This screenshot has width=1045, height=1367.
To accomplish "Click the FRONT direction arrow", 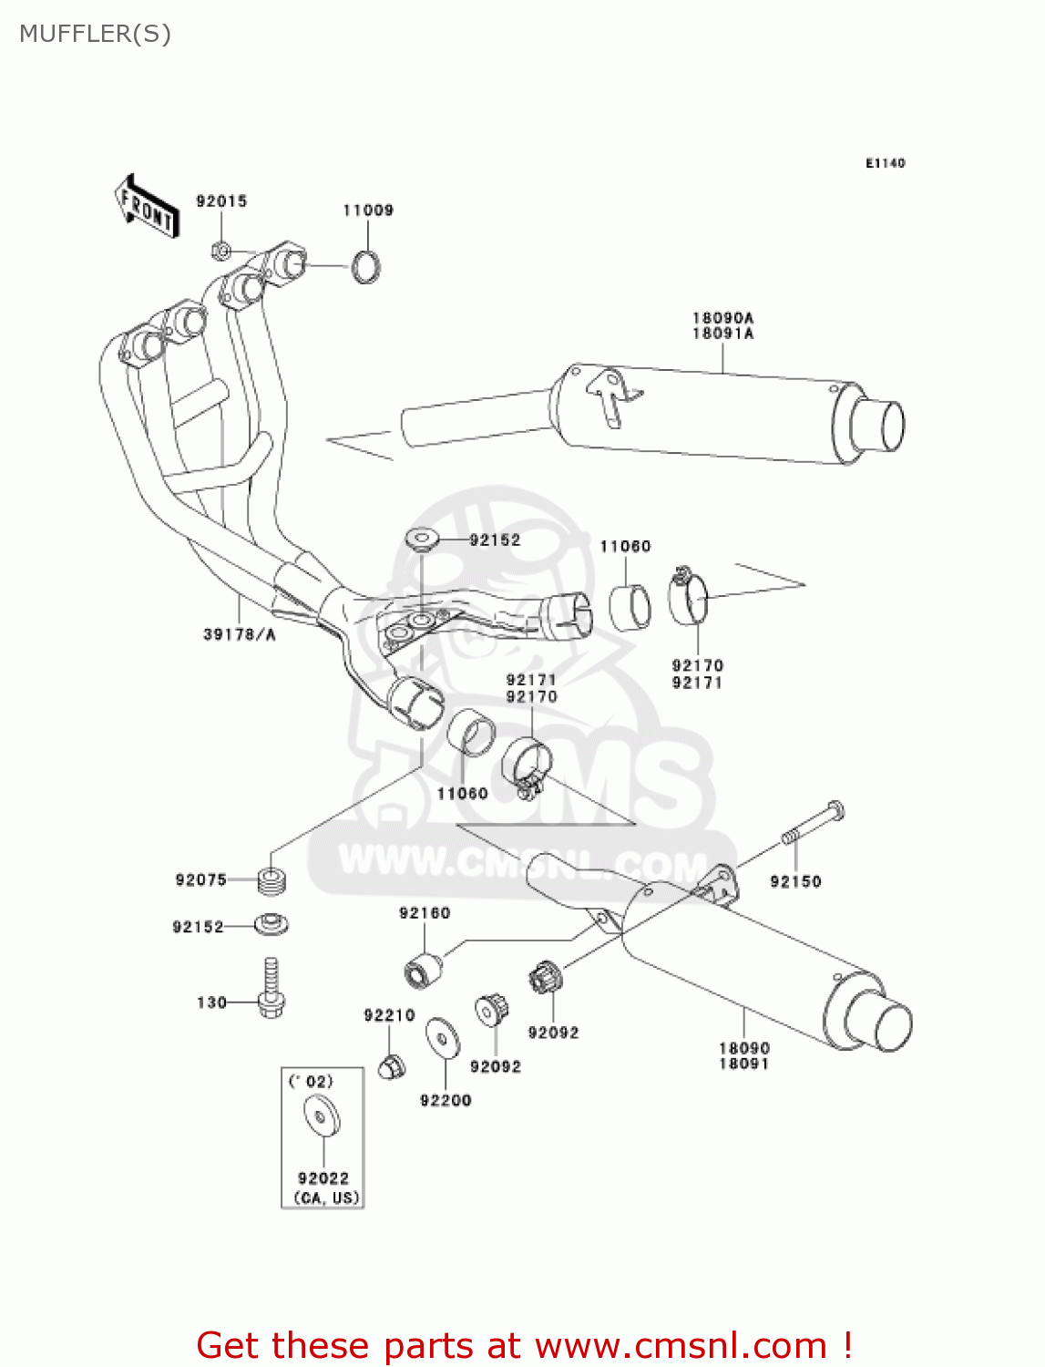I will (x=147, y=207).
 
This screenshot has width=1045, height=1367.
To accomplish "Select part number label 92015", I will (x=221, y=201).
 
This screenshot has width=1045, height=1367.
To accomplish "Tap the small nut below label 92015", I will (x=220, y=249).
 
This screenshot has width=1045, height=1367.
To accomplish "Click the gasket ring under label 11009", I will (x=366, y=266).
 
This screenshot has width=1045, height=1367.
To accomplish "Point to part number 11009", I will (x=368, y=211).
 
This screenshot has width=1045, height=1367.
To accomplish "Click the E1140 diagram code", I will (x=885, y=163).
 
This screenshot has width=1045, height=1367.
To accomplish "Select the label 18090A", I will (x=722, y=318).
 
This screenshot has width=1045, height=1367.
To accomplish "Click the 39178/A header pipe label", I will (x=240, y=634).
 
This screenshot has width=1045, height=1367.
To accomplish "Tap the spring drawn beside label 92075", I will (x=272, y=880).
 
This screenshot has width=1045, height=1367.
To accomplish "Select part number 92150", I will (x=795, y=881).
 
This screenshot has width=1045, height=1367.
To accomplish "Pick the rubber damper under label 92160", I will (x=422, y=969).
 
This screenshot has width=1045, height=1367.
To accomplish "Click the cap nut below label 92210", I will (x=391, y=1064).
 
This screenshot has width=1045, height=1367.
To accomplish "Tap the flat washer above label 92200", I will (x=443, y=1038).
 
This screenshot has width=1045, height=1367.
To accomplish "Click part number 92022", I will (x=323, y=1178).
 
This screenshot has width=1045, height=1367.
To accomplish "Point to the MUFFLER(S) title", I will (x=95, y=35).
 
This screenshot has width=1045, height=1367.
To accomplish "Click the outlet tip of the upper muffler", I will (x=880, y=426).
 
